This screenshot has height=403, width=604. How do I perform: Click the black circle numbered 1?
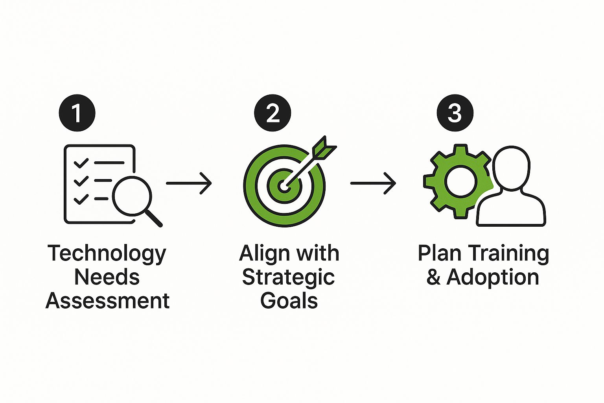[77, 113]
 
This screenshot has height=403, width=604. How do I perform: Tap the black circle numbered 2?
[273, 113]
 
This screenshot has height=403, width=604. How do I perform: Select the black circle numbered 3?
[455, 113]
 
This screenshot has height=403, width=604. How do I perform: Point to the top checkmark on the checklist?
[81, 163]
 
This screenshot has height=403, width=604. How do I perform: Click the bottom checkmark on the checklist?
[81, 199]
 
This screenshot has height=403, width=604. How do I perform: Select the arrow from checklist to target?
[189, 183]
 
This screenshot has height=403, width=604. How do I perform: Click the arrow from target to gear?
[373, 183]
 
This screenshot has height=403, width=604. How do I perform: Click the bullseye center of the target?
[284, 186]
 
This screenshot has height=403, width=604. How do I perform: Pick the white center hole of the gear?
[461, 182]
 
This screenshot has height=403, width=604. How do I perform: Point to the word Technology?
[107, 254]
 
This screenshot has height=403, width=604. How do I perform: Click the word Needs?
[107, 277]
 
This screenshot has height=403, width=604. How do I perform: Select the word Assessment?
[107, 301]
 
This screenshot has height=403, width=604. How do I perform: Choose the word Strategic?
[288, 277]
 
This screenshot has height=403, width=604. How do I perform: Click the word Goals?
[289, 301]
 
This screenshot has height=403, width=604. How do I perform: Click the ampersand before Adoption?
[433, 277]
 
